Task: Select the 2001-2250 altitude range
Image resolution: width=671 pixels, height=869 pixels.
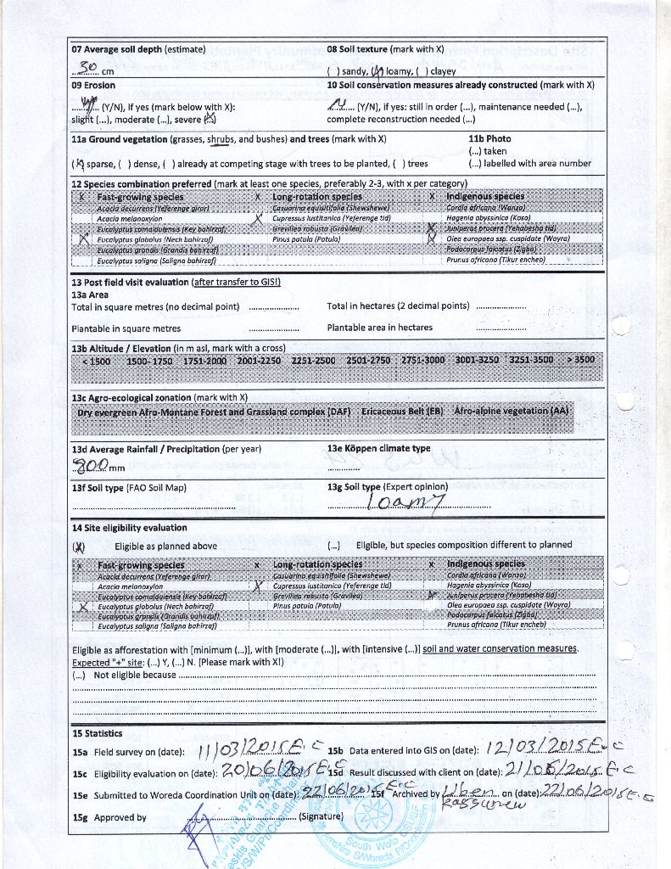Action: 259,360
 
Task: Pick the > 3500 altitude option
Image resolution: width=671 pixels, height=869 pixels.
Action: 581,360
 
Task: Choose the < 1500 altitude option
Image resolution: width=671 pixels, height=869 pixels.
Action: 96,360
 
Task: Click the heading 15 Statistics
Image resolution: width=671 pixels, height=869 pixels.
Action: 97,733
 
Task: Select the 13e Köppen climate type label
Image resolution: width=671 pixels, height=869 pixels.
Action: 378,448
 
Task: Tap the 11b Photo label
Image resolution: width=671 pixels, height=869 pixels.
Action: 489,138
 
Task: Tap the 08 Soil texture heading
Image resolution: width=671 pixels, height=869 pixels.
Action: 385,49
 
